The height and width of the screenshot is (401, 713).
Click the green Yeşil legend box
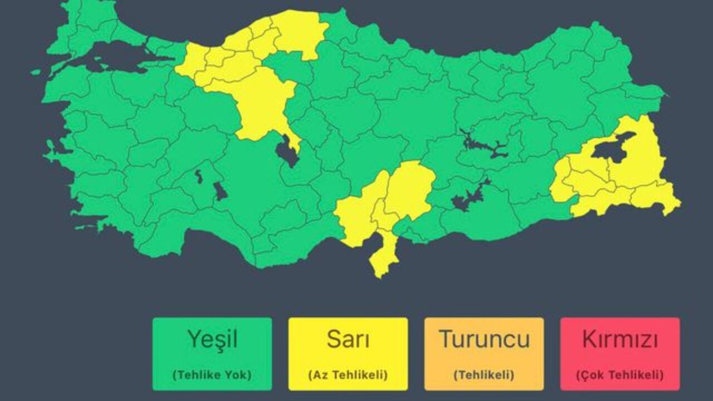(x=212, y=354)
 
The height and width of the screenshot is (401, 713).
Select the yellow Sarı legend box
(x=348, y=354)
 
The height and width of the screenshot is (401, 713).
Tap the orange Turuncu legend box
(x=484, y=354)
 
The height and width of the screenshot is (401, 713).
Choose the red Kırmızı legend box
(x=620, y=354)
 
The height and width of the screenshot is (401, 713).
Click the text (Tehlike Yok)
(x=212, y=375)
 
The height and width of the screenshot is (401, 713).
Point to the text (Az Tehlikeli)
(x=348, y=375)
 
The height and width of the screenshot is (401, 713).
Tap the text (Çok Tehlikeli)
(x=620, y=375)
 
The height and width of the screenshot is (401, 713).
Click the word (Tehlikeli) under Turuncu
(x=484, y=375)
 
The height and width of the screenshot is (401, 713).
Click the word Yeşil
(x=212, y=339)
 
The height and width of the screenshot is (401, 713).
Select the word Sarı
(x=348, y=339)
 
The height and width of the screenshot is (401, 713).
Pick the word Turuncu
(x=484, y=339)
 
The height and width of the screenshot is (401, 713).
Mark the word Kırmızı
(x=620, y=339)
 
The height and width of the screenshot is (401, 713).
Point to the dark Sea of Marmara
(x=111, y=56)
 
